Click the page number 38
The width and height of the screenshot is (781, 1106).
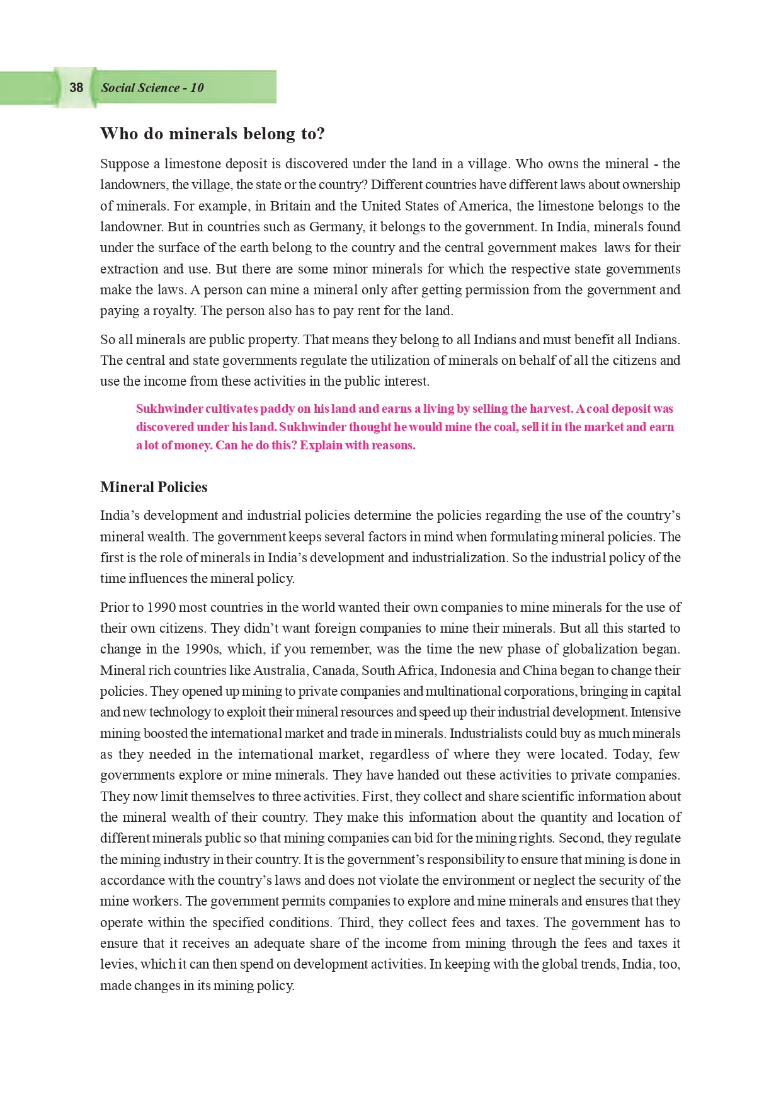[x=76, y=88]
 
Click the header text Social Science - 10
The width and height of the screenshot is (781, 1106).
[x=152, y=88]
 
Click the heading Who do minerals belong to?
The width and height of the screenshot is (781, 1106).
[x=212, y=134]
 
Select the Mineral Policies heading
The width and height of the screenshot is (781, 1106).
[x=154, y=487]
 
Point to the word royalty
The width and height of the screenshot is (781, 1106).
[x=169, y=311]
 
